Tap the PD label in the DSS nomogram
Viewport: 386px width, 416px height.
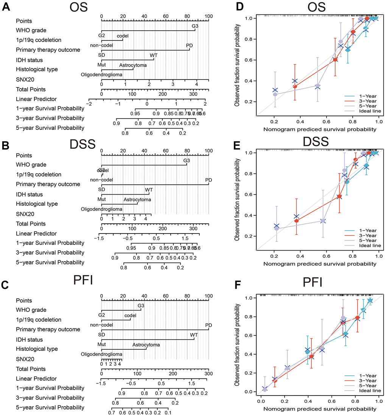(x=209, y=180)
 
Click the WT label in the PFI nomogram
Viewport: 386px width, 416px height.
(x=194, y=335)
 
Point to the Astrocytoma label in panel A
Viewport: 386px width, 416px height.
(x=133, y=65)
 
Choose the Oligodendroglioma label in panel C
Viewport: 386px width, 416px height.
(x=101, y=354)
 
